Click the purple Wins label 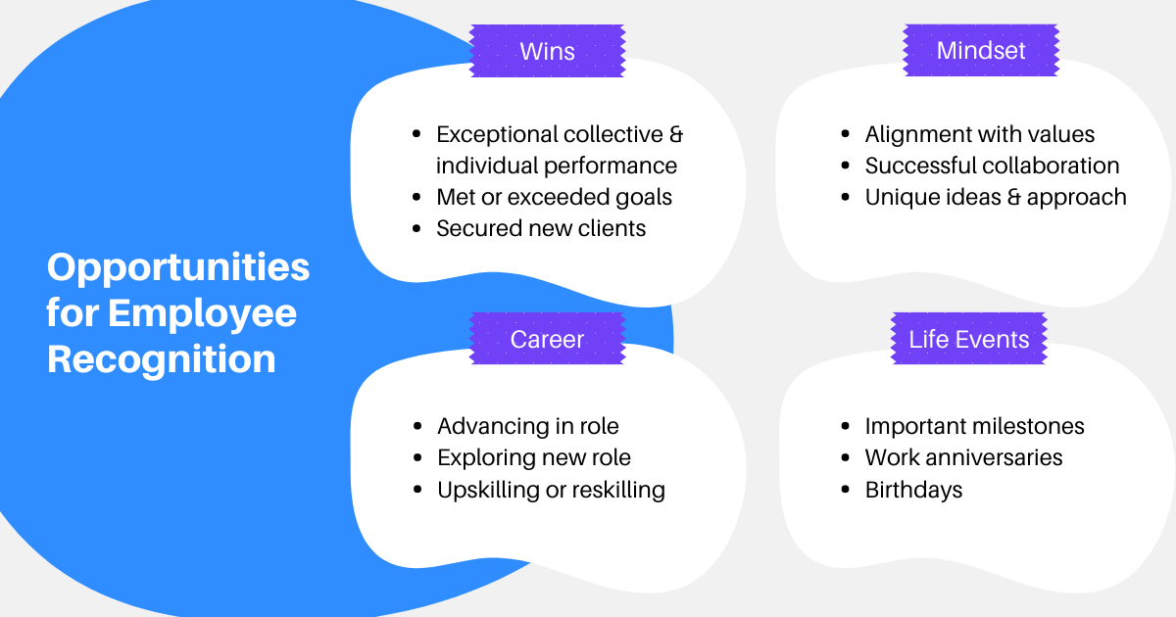click(547, 51)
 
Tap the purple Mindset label click(980, 51)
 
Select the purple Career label click(547, 340)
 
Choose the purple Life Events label click(968, 340)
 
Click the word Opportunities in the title click(178, 267)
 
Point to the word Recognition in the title click(162, 359)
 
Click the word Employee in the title click(202, 313)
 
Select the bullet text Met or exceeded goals click(554, 197)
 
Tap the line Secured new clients click(541, 228)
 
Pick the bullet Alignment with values click(979, 134)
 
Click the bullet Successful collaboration click(992, 166)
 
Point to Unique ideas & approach click(995, 197)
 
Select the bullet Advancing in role click(527, 426)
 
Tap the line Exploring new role click(533, 457)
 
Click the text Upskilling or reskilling click(551, 489)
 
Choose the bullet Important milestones click(974, 426)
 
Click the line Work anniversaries click(963, 457)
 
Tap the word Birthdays click(913, 489)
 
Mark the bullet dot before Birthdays click(846, 489)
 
